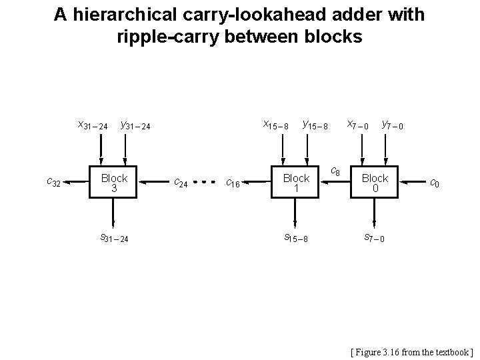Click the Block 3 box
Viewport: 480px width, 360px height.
tap(114, 182)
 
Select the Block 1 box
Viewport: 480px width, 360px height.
tap(296, 182)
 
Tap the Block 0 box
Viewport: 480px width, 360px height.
tap(375, 182)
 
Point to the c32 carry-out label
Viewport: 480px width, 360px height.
tap(54, 181)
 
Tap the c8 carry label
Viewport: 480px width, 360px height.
tap(336, 173)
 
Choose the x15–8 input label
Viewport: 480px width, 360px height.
tap(275, 125)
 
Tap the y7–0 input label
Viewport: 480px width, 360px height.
tap(395, 125)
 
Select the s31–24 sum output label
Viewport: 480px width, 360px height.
tap(114, 237)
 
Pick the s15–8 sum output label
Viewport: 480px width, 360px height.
tap(296, 237)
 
